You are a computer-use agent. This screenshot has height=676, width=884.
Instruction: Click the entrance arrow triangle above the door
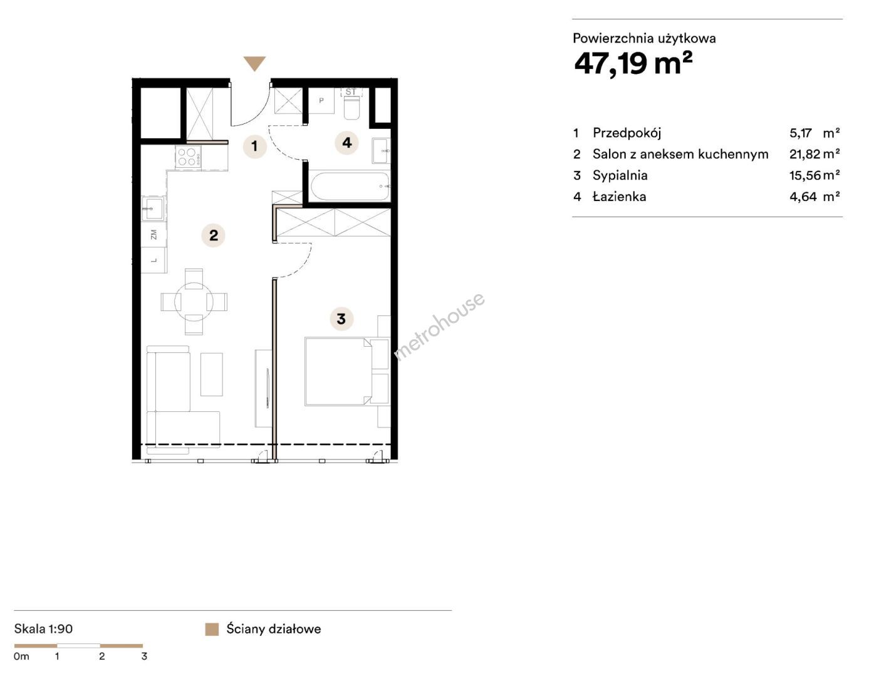click(x=254, y=63)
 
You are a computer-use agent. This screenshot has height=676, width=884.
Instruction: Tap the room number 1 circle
click(x=254, y=146)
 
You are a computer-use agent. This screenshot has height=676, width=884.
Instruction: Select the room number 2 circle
click(x=214, y=235)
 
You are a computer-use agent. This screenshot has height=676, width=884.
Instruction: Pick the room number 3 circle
click(x=341, y=319)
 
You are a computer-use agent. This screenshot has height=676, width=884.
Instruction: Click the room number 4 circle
click(x=346, y=143)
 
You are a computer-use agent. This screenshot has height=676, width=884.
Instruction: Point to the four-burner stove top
click(x=188, y=157)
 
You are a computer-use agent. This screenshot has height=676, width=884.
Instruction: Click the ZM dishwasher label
click(x=153, y=235)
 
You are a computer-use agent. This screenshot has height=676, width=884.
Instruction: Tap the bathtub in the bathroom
click(x=350, y=187)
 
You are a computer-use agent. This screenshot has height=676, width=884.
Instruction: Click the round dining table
click(x=194, y=302)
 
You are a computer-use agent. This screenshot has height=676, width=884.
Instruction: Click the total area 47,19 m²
click(x=633, y=64)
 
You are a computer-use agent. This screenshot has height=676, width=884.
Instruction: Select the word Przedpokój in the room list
click(x=627, y=133)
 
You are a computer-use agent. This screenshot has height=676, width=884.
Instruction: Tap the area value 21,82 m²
click(x=814, y=154)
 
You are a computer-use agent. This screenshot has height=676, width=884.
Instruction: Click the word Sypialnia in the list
click(x=620, y=175)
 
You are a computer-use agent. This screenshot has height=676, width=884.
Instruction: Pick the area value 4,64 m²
click(x=814, y=197)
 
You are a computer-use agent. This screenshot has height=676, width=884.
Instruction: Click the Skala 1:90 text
click(x=43, y=629)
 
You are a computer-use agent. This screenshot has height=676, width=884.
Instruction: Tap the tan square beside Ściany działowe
click(x=212, y=629)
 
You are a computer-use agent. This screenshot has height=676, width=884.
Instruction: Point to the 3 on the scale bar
click(x=144, y=656)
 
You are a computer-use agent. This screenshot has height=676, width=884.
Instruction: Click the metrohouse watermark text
click(x=439, y=326)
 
